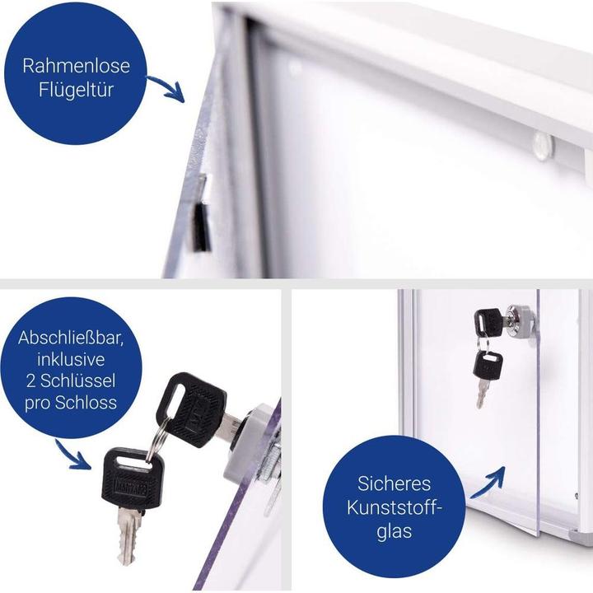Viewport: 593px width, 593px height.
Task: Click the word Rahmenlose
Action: pyautogui.click(x=76, y=66)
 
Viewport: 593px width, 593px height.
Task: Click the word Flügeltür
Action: pyautogui.click(x=76, y=90)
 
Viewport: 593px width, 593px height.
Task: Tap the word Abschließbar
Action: pyautogui.click(x=71, y=338)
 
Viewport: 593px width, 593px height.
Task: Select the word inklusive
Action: pyautogui.click(x=71, y=359)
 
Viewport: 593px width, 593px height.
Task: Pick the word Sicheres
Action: pyautogui.click(x=394, y=483)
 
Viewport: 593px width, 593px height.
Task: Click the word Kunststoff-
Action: pyautogui.click(x=394, y=507)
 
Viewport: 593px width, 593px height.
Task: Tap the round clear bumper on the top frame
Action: pyautogui.click(x=542, y=146)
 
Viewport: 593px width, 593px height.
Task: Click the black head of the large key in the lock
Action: pyautogui.click(x=191, y=409)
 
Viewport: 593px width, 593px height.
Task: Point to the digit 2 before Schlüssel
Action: pyautogui.click(x=31, y=381)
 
